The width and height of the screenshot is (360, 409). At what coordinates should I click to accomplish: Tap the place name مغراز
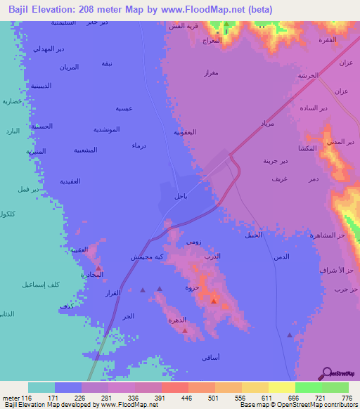[210, 72]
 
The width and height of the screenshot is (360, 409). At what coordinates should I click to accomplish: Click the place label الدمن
[281, 257]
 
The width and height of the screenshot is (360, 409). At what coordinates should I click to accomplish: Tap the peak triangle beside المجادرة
[98, 268]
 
